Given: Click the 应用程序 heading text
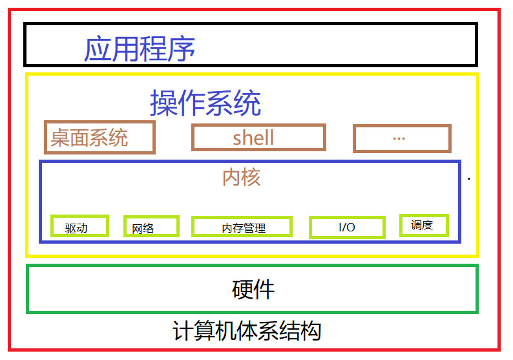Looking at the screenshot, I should click(140, 49).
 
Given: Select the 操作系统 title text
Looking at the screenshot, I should click(205, 102).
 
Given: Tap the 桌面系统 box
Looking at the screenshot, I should click(99, 137).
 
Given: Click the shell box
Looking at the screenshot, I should click(258, 137).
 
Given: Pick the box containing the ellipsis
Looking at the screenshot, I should click(401, 138).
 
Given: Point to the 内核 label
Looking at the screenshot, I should click(241, 177).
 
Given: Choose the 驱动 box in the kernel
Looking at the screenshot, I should click(79, 226).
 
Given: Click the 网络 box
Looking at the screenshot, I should click(151, 226).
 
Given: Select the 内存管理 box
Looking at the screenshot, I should click(242, 227).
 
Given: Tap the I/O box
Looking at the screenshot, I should click(347, 227).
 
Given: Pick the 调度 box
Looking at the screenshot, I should click(423, 225).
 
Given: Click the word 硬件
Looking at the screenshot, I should click(253, 290).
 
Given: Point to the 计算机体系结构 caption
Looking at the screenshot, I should click(247, 332).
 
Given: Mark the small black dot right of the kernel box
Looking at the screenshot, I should click(468, 178).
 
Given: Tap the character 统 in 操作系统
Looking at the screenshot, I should click(247, 102).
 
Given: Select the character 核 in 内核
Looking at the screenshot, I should click(251, 177).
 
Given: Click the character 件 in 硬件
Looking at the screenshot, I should click(264, 290).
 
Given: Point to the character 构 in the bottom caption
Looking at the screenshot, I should click(311, 332).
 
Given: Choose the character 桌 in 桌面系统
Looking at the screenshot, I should click(60, 138).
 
